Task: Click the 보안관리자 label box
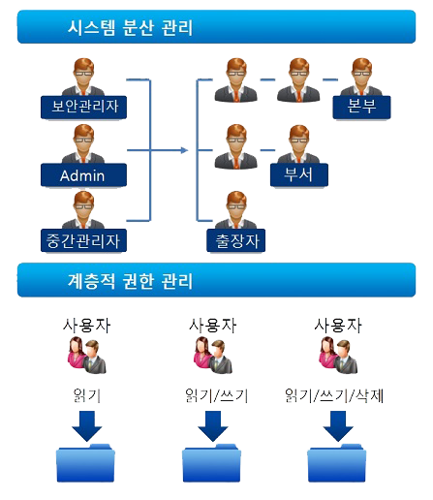coord(83,108)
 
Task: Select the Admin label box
coord(83,175)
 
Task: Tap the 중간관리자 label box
coord(83,240)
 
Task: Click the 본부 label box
coord(361,108)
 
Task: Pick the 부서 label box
coord(299,175)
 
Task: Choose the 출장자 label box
coord(235,240)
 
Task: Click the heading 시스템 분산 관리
coord(130,27)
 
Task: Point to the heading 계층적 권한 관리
coord(130,280)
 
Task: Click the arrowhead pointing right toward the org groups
coord(184,150)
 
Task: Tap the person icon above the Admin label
coord(83,144)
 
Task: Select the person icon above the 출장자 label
coord(236,210)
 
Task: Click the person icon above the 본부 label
coord(361,78)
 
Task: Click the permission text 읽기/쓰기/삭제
coord(334,395)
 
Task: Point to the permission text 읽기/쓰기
coord(216,395)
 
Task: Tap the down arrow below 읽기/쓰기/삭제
coord(338,426)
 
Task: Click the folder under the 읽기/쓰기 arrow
coord(212,463)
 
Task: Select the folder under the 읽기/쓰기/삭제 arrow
coord(337,463)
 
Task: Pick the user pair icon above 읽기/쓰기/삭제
coord(338,355)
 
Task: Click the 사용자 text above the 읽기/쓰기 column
coord(213,326)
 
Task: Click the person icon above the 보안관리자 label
coord(83,78)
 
